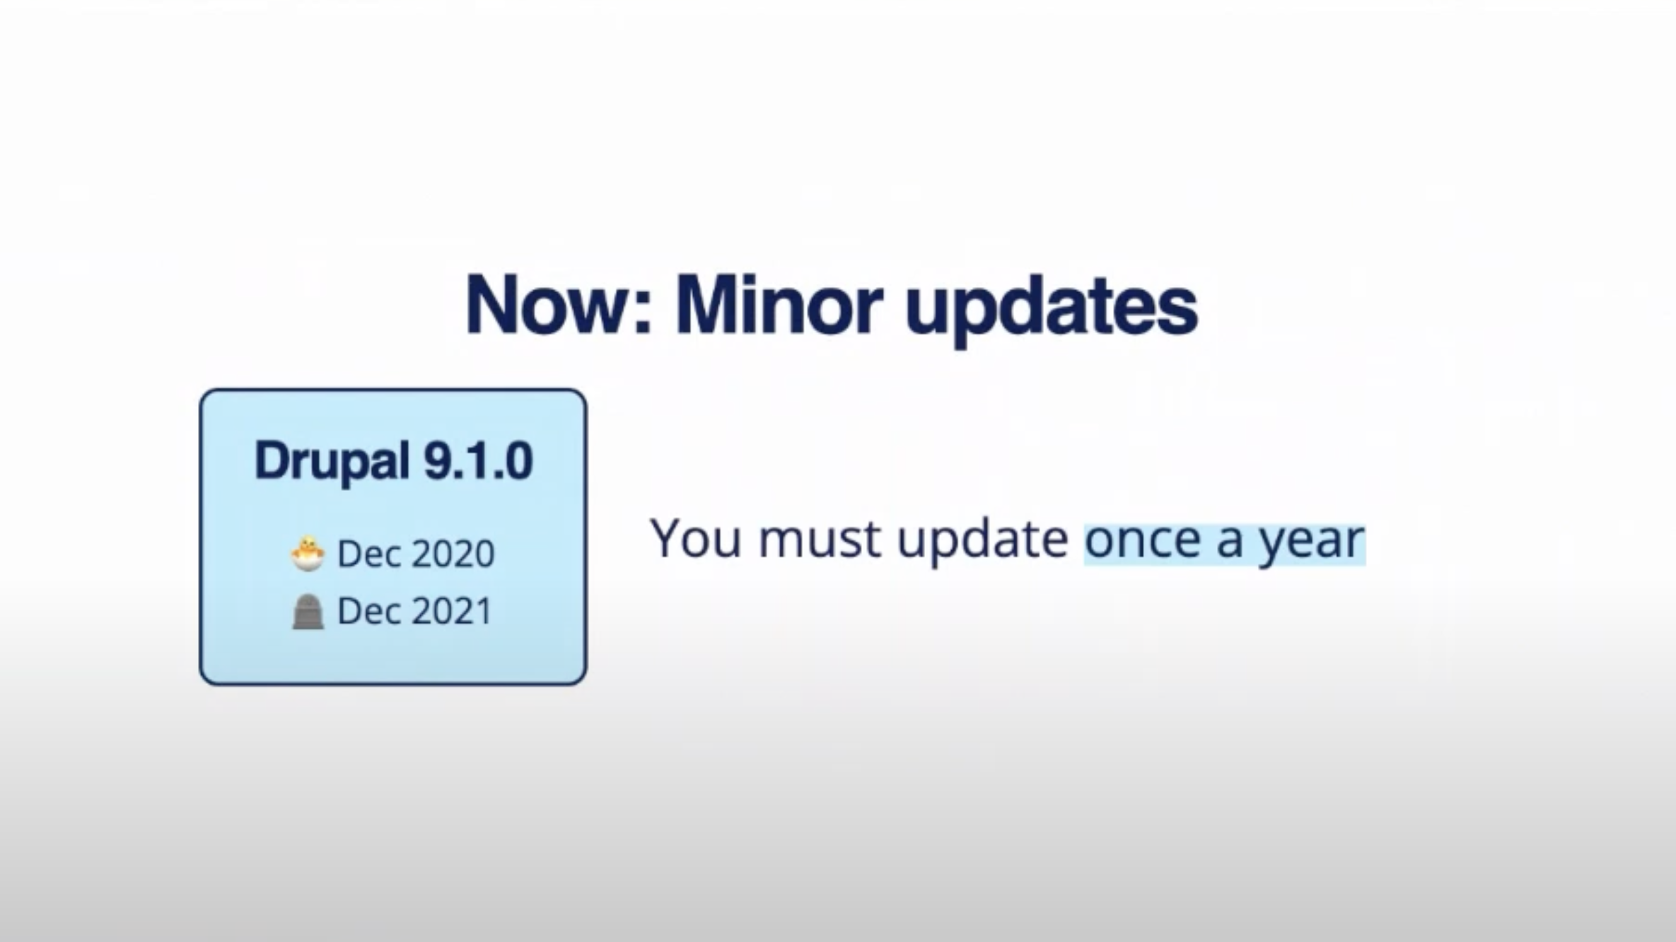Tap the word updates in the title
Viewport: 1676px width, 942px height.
pos(1052,311)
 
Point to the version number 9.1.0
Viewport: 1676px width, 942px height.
pos(478,460)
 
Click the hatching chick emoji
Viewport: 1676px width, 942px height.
pos(308,554)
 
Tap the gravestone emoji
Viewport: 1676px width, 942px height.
pos(308,612)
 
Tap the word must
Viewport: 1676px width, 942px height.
pos(820,539)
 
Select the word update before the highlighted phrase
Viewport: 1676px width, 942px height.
pos(983,542)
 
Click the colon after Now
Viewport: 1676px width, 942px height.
pos(642,313)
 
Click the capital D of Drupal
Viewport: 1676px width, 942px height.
pos(271,460)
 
